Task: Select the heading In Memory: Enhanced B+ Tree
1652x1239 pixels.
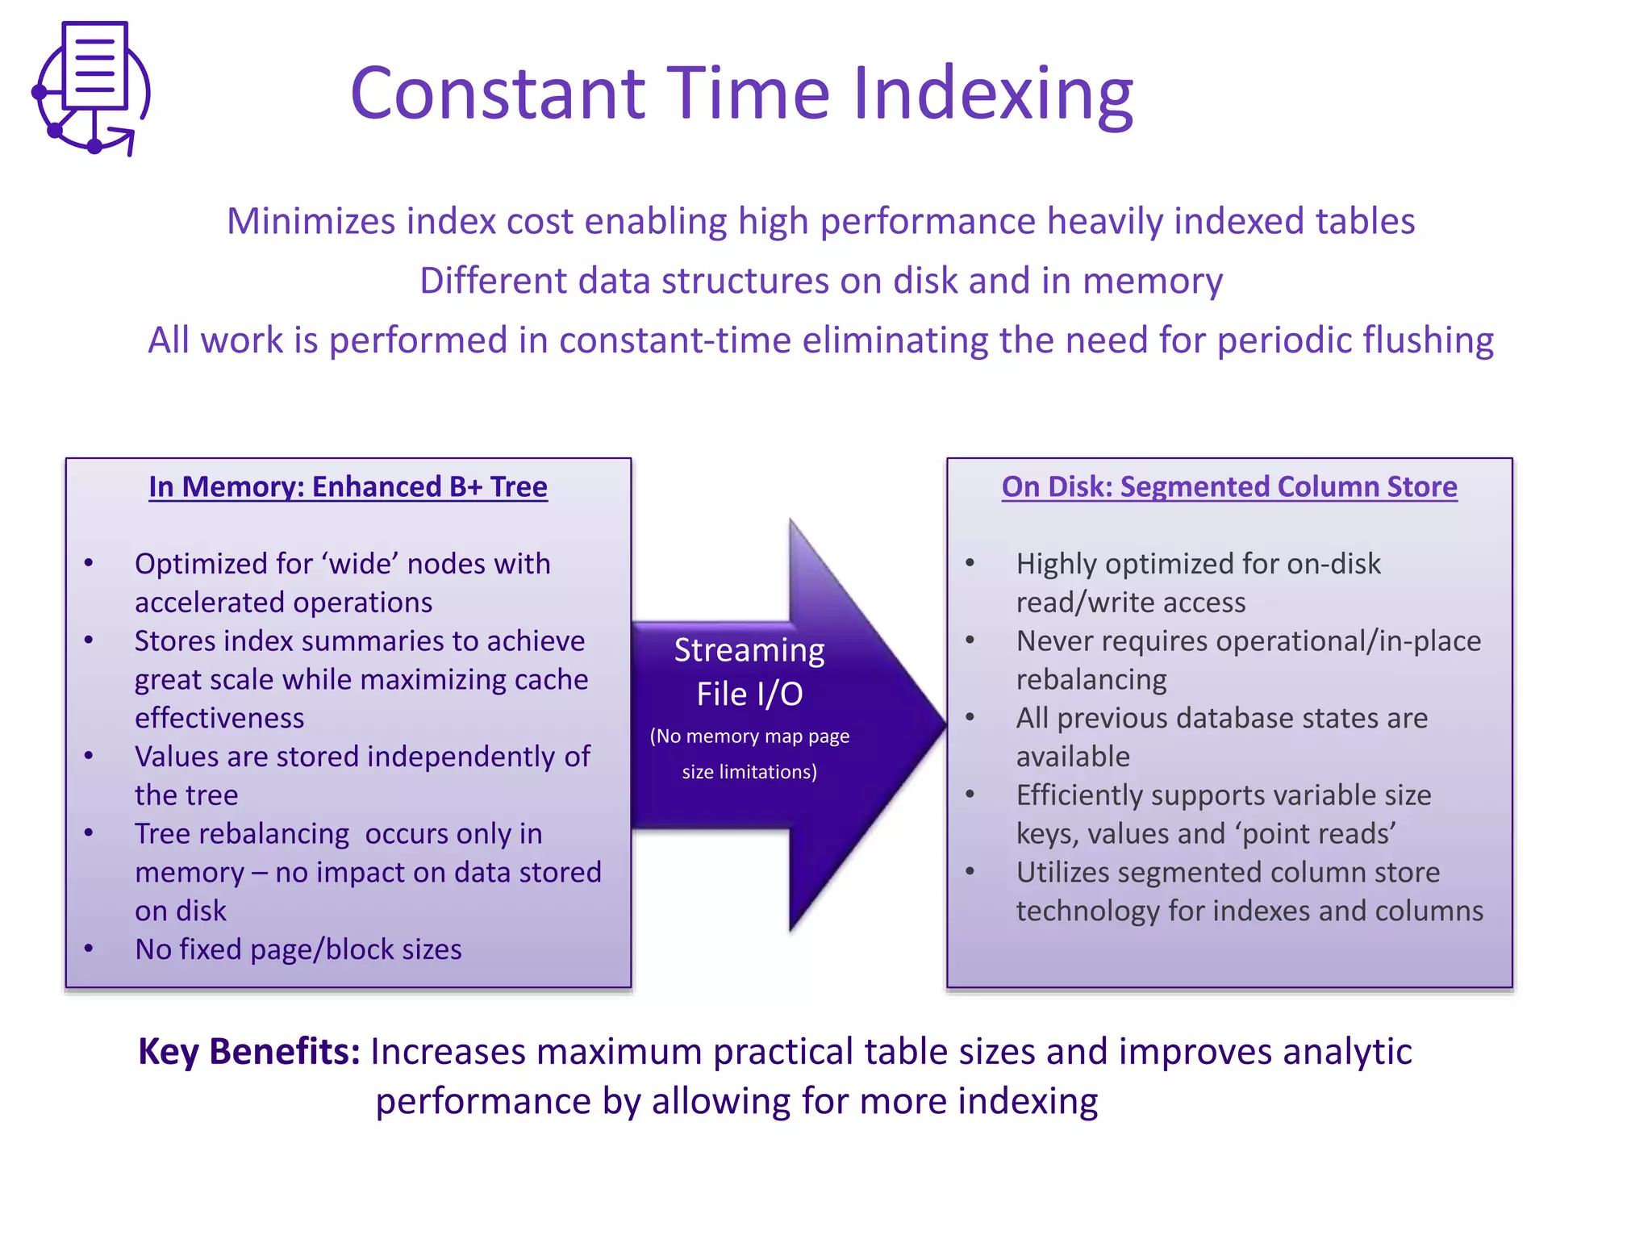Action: [x=348, y=487]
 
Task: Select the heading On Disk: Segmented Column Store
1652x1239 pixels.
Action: [x=1229, y=487]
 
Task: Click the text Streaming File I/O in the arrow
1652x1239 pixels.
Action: [x=749, y=672]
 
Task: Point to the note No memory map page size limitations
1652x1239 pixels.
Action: [x=749, y=753]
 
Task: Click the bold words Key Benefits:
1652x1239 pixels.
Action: [x=249, y=1052]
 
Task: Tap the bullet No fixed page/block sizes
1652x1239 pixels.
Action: [x=298, y=949]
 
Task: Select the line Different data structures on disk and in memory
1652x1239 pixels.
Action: [x=820, y=282]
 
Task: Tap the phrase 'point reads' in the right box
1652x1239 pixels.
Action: [x=1319, y=834]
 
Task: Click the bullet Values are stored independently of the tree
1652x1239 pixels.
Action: [x=361, y=775]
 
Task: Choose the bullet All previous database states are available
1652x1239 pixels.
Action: [x=1221, y=736]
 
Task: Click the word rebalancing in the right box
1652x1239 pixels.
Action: [x=1091, y=680]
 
